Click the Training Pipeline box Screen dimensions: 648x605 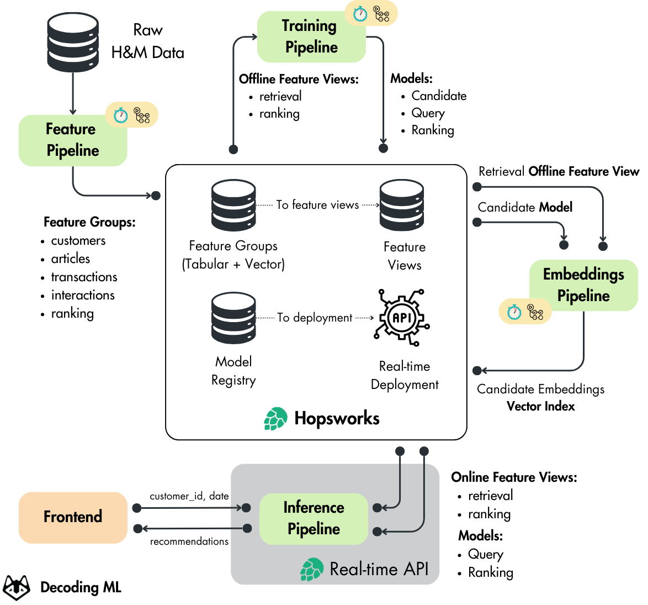(311, 37)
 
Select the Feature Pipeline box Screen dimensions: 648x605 (73, 140)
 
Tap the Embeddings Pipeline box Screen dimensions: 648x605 (583, 285)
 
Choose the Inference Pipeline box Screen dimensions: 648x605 (314, 518)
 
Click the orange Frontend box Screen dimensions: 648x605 (73, 517)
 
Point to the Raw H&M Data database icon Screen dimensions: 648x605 (73, 42)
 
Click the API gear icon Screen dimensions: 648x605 (402, 317)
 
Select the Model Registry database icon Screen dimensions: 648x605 (233, 318)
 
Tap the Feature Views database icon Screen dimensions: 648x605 (402, 205)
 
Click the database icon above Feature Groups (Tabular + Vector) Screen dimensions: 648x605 (233, 205)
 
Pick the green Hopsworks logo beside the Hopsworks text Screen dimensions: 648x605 (275, 418)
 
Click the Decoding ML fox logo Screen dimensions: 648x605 (17, 587)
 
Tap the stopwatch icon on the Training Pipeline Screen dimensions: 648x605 (360, 14)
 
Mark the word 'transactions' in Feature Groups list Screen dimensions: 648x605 (84, 277)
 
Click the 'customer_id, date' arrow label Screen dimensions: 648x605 (189, 496)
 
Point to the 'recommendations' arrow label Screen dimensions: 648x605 (189, 541)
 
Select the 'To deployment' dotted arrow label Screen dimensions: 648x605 (315, 317)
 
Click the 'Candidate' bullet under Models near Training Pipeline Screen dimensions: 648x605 (439, 96)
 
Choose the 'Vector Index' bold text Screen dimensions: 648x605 (540, 406)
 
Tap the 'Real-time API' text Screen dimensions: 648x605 (379, 569)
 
